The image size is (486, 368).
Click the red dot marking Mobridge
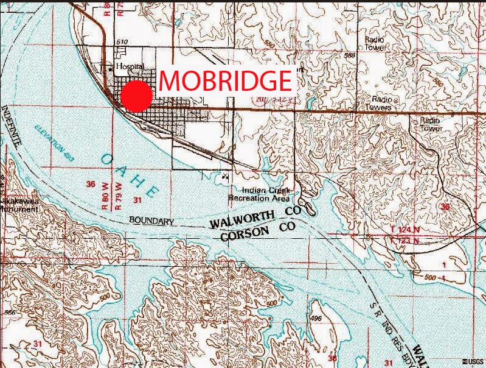[x=136, y=96]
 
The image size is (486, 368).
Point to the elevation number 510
[x=123, y=42]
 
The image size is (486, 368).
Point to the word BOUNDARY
[x=152, y=221]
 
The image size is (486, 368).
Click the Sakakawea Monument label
[x=18, y=203]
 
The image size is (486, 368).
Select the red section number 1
[x=445, y=265]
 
